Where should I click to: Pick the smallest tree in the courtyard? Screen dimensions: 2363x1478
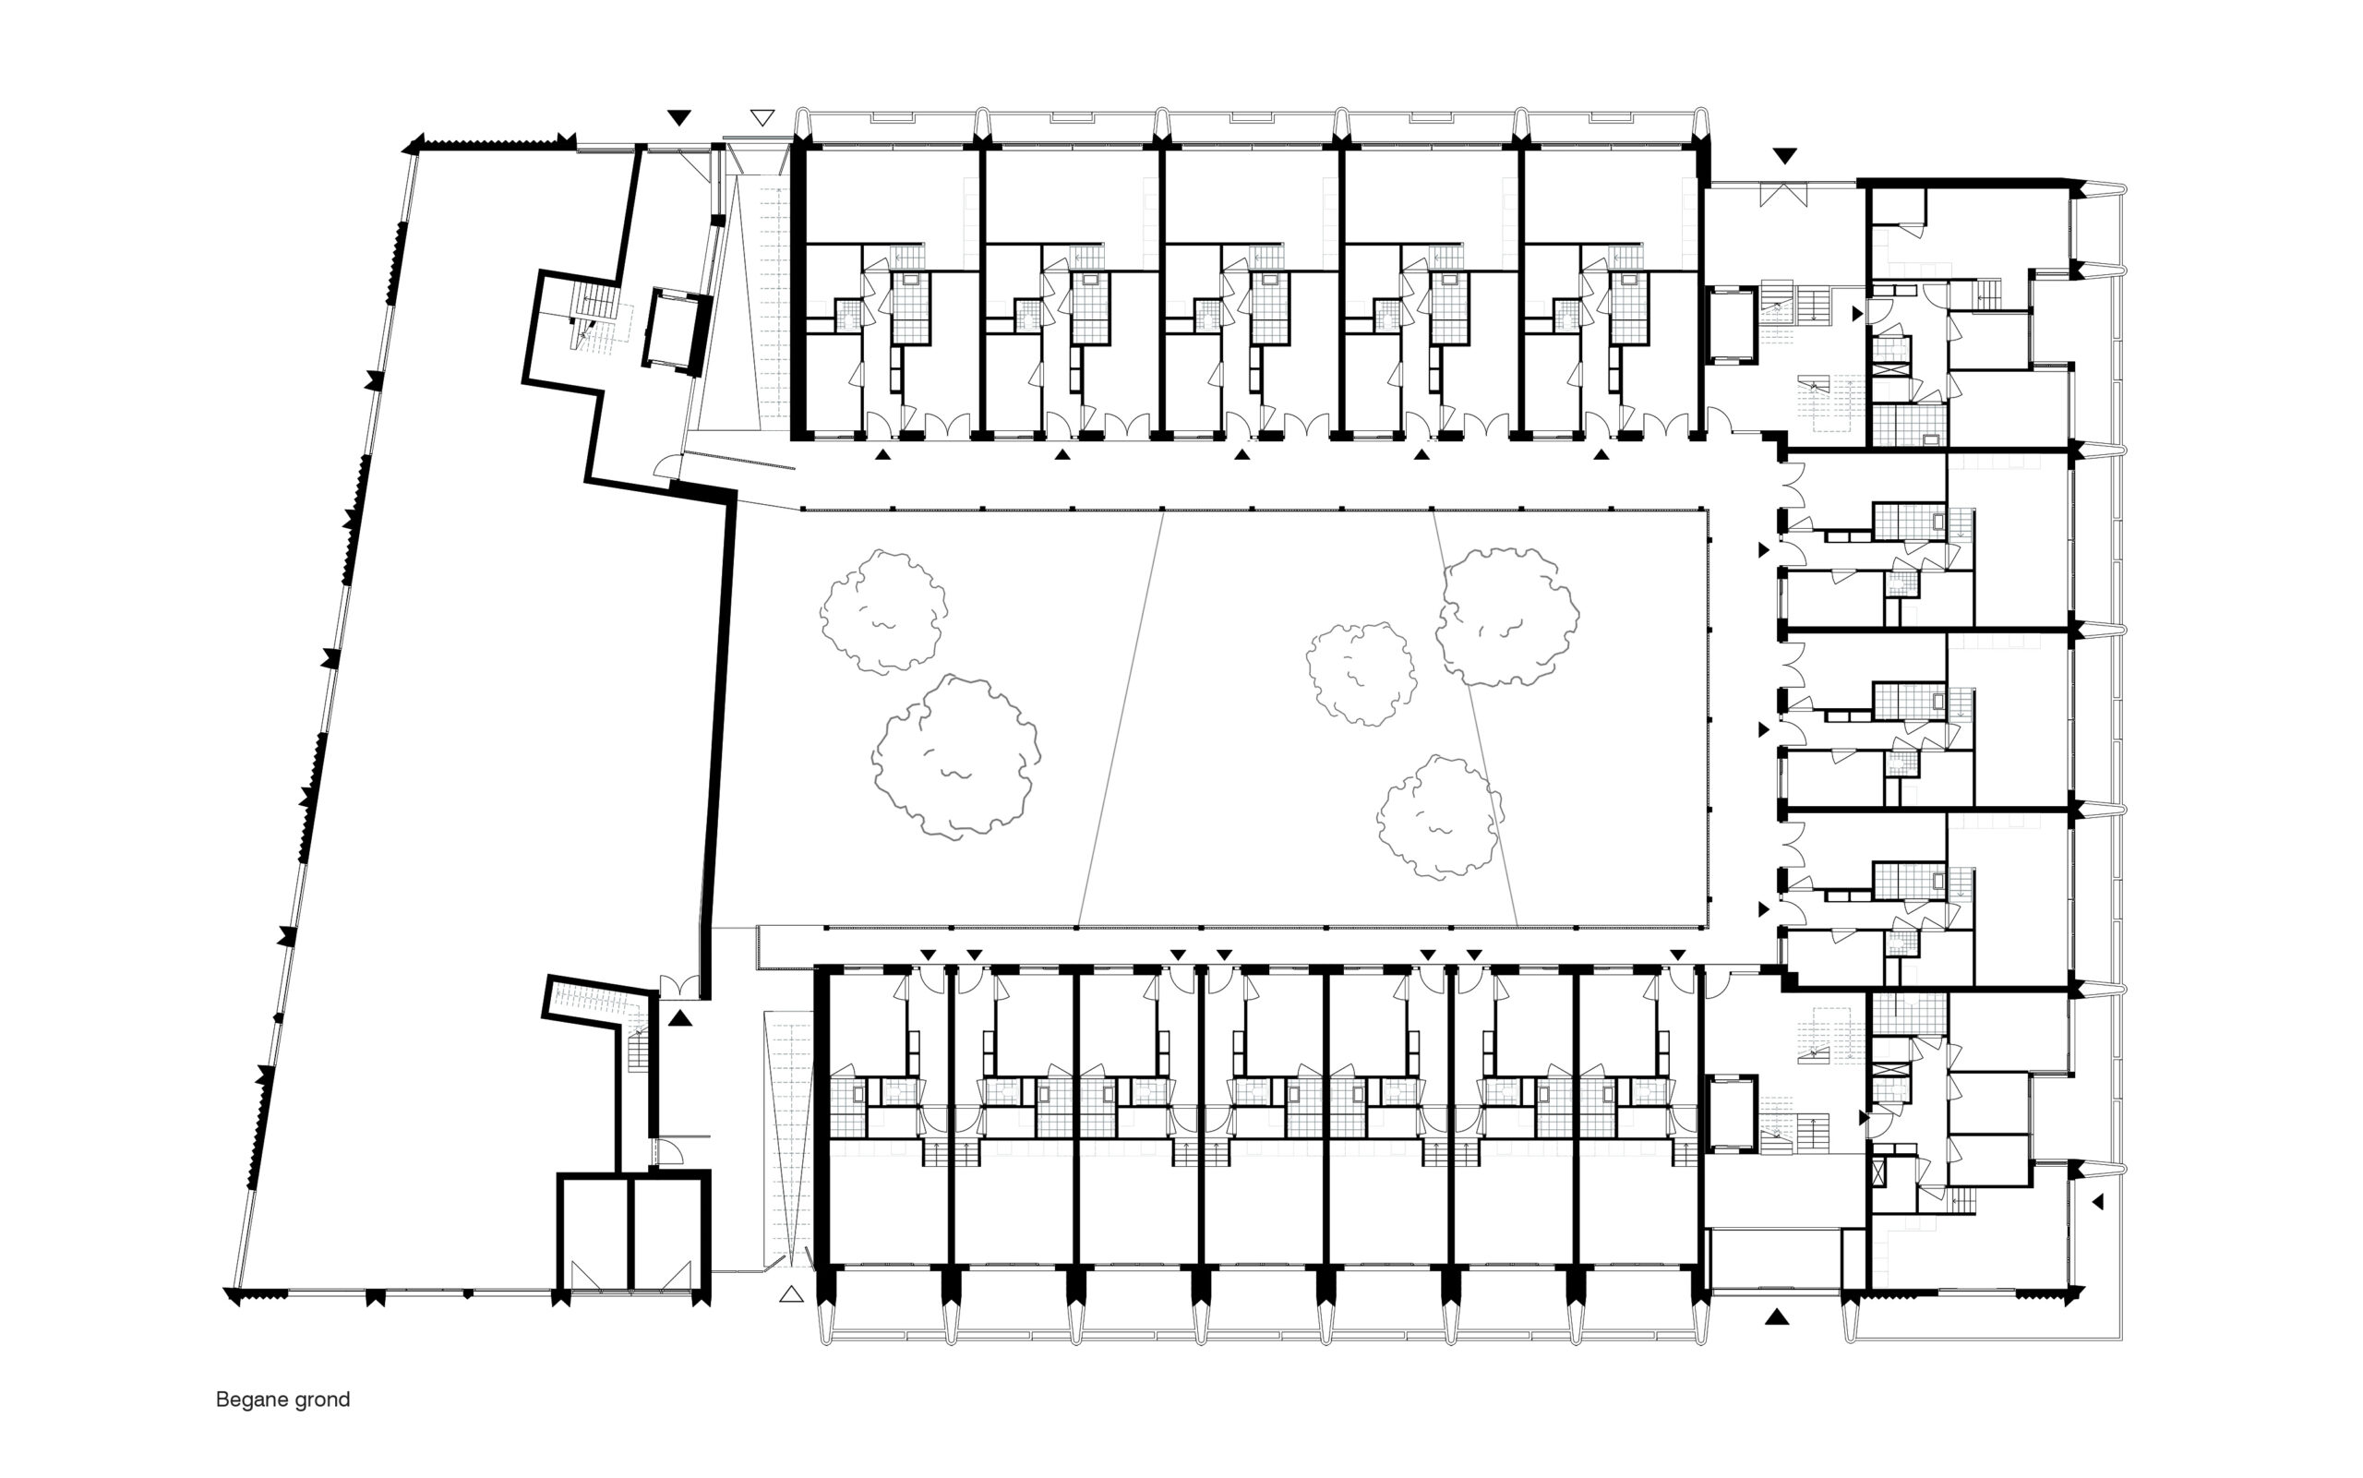1361,674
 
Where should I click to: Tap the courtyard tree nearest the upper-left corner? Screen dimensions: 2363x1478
883,611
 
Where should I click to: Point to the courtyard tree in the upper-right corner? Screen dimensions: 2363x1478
1505,616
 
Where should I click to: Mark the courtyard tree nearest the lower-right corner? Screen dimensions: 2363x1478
1441,817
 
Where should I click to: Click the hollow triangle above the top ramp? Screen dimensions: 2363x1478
762,118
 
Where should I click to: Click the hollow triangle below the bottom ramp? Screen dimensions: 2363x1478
792,1294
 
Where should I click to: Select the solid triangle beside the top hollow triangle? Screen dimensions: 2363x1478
679,118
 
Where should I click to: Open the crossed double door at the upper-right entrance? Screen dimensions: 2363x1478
1784,195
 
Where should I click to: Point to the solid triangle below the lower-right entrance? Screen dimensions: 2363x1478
1777,1316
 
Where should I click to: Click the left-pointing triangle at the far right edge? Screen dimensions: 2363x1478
2096,1201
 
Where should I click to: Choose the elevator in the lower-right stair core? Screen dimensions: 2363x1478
1731,1114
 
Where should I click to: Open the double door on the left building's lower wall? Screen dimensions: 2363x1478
679,987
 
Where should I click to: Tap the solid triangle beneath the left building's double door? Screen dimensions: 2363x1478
680,1018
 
